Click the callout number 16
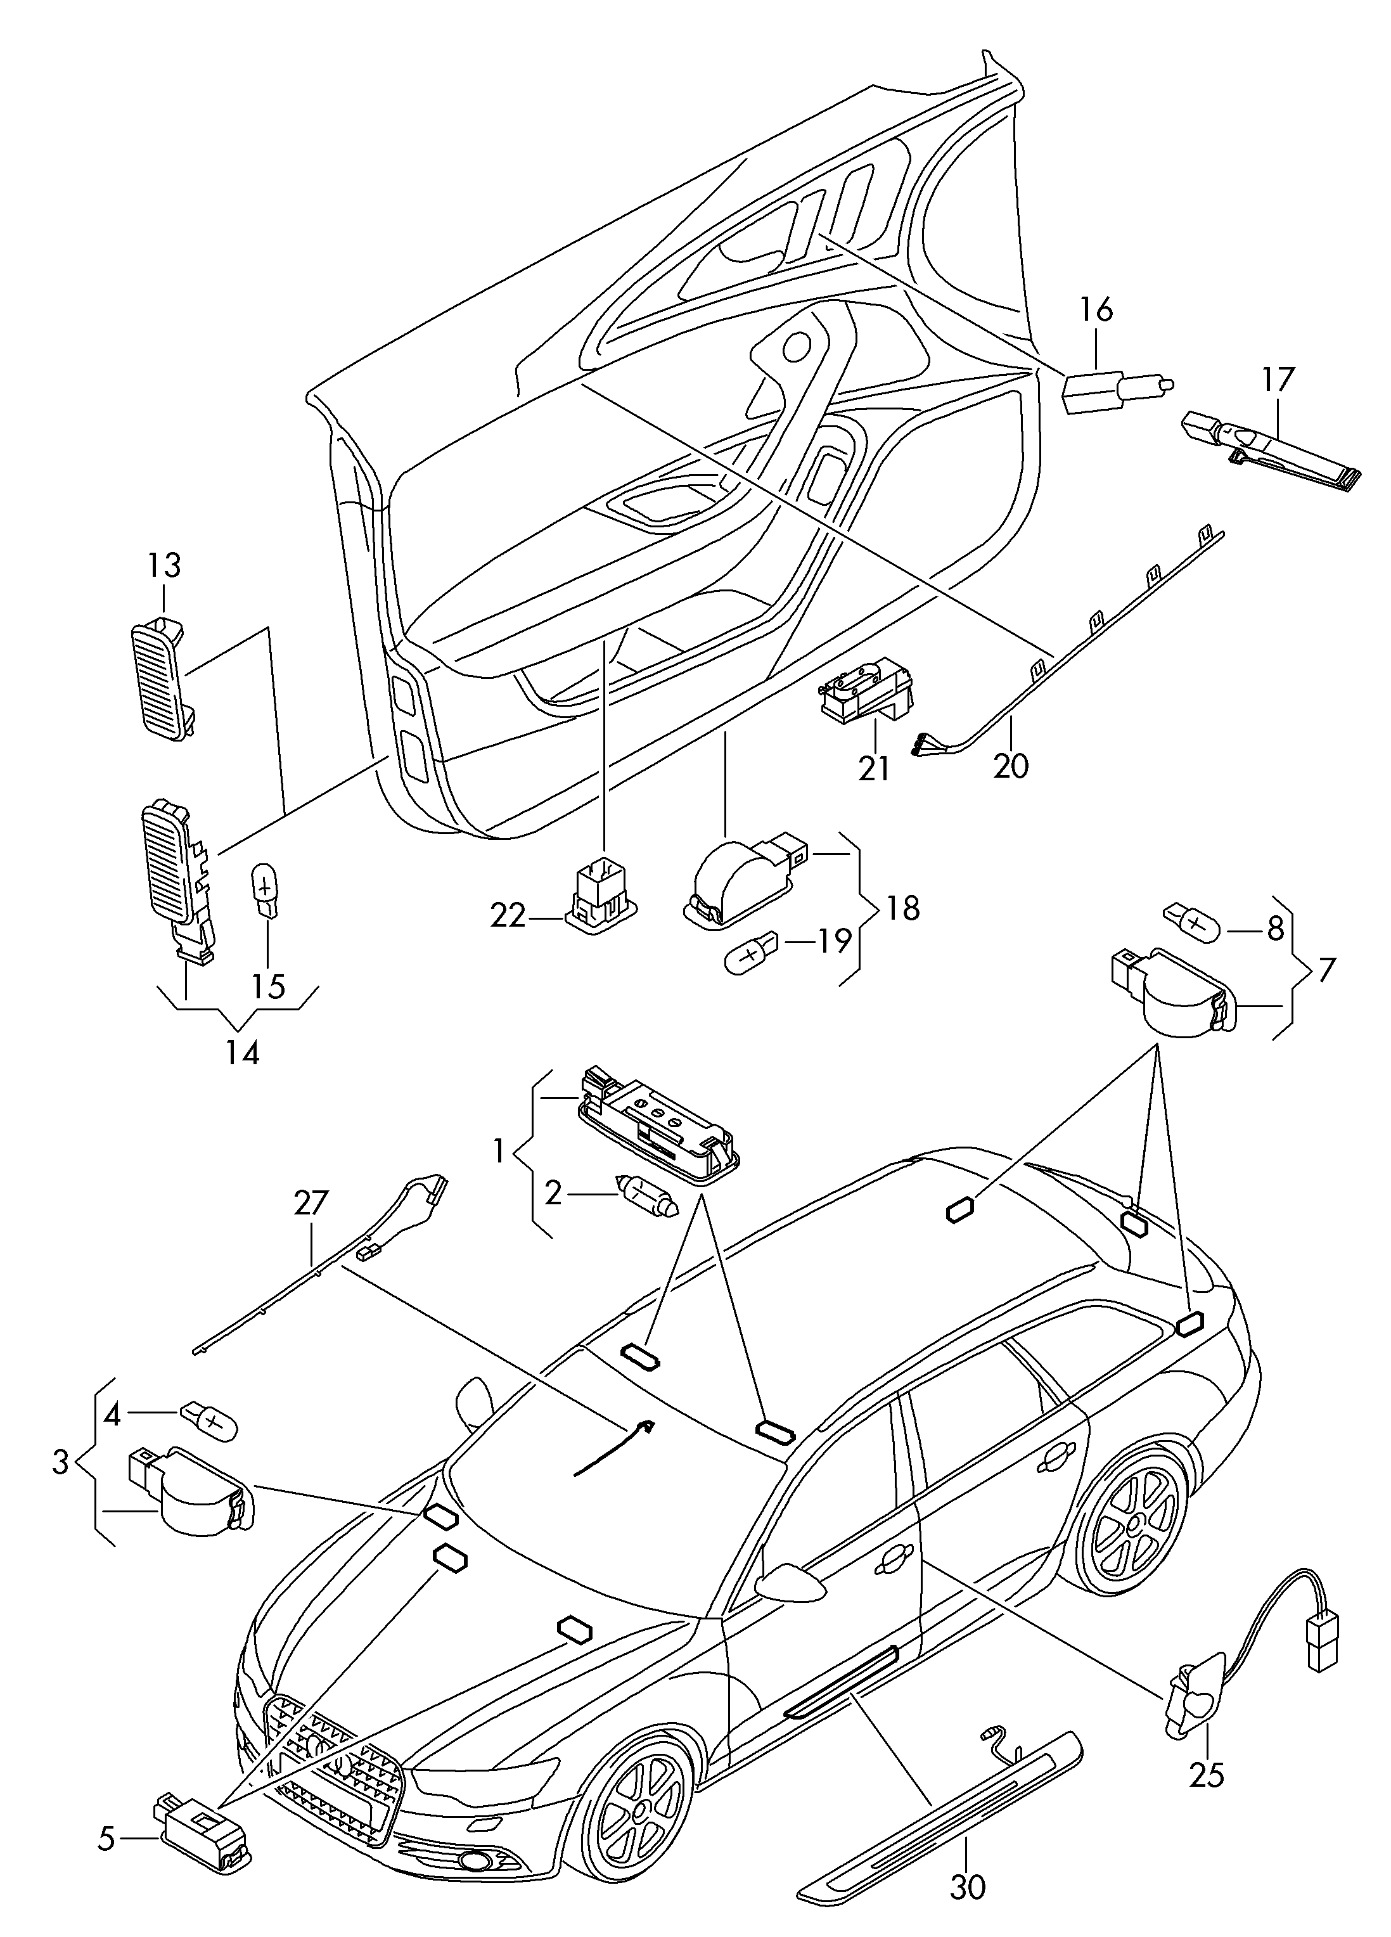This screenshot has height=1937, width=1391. (x=1096, y=310)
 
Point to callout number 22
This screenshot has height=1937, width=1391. (x=509, y=917)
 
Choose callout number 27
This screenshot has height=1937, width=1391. (x=310, y=1204)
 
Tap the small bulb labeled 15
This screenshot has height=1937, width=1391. (x=266, y=890)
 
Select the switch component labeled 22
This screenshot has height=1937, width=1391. (x=602, y=898)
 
